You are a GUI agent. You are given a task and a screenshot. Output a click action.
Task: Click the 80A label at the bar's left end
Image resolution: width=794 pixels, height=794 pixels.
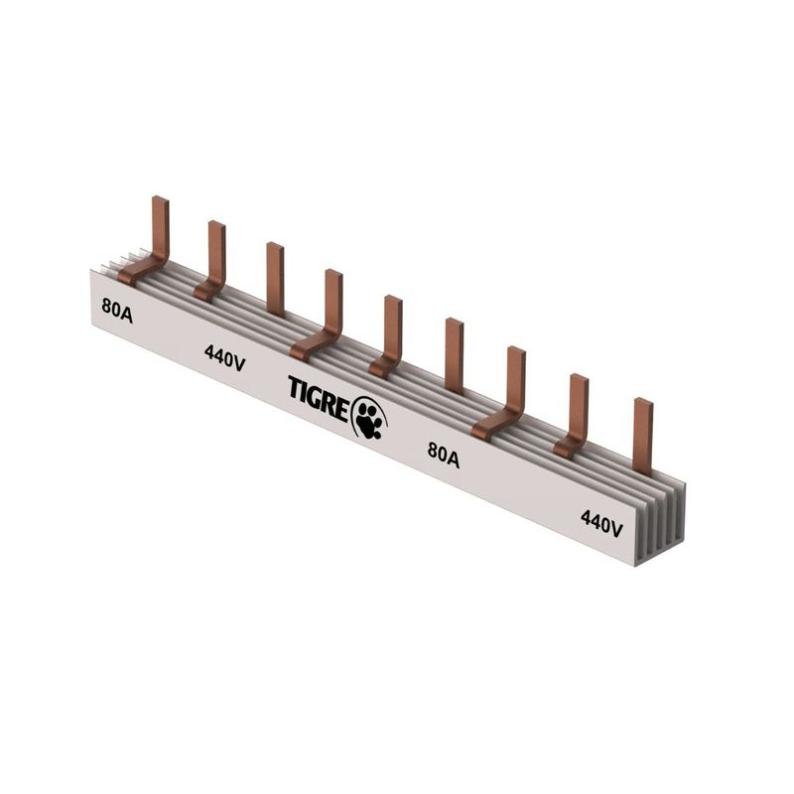click(117, 311)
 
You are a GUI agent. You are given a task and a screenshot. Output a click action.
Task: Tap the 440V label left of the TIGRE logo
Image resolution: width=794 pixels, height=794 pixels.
click(225, 358)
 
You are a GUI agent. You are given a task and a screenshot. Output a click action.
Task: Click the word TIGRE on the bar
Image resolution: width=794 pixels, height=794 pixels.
click(319, 397)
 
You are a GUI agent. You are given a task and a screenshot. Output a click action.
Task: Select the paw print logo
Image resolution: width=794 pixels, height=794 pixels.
click(369, 417)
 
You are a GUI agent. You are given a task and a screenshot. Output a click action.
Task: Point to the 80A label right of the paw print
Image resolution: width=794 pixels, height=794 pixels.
click(444, 455)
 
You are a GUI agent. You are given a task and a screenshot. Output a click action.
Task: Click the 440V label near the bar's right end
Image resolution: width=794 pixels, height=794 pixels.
click(601, 523)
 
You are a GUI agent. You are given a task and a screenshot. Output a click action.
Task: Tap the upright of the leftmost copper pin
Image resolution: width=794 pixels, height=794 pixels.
click(161, 228)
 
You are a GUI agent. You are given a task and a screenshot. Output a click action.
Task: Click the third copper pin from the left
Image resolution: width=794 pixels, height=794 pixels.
click(275, 279)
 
